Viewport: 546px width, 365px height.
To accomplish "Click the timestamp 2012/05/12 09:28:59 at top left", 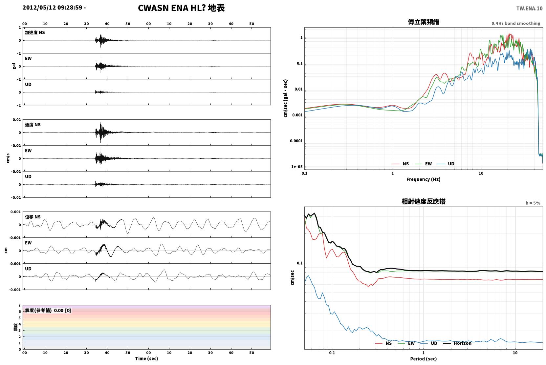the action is (x=53, y=8).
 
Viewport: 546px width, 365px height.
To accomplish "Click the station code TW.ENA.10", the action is (x=530, y=9).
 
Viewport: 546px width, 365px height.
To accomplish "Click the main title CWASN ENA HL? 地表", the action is (x=181, y=8).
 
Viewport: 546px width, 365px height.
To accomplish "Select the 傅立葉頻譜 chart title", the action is (x=424, y=22).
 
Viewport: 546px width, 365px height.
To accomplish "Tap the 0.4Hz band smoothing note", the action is (x=516, y=23).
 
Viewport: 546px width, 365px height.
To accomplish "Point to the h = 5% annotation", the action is (x=533, y=203).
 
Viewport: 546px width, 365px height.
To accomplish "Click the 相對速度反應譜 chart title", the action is (x=424, y=201).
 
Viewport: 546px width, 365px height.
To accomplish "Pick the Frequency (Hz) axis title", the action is (x=424, y=179).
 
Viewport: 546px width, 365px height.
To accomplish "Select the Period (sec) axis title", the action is (x=424, y=359).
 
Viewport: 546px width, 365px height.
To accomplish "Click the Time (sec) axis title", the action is (x=146, y=358).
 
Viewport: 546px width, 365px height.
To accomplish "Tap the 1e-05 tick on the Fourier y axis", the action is (x=297, y=167).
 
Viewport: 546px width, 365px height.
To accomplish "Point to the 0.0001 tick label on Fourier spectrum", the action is (x=296, y=141).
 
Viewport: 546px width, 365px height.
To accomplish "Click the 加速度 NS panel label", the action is (x=35, y=32).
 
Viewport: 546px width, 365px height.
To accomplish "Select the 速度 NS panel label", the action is (x=33, y=125).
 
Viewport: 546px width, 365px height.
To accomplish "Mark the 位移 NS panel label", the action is (x=33, y=217).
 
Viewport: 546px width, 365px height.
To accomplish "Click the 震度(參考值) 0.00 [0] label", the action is (x=48, y=311).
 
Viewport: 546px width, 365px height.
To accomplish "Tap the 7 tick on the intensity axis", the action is (x=20, y=305).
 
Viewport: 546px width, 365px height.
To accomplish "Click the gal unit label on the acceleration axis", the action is (x=14, y=66).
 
